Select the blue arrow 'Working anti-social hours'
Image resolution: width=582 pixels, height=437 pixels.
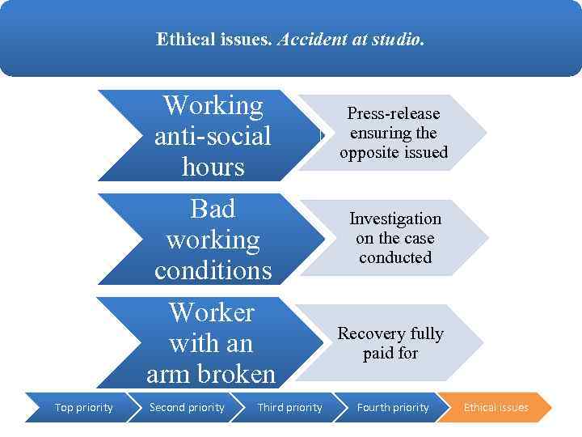(x=213, y=135)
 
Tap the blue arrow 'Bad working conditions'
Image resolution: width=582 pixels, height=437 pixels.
(x=213, y=240)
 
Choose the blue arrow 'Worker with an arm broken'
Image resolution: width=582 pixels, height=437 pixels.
(x=211, y=343)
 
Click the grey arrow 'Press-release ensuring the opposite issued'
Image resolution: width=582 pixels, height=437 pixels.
(x=394, y=133)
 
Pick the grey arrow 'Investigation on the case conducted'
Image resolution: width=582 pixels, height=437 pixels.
(x=395, y=238)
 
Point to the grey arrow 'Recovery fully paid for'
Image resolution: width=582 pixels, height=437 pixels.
(x=390, y=343)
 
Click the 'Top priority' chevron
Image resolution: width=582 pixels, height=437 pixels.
(x=83, y=407)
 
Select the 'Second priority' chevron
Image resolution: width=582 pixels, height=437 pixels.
(x=187, y=407)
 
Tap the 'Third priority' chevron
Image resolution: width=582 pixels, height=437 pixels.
(x=289, y=407)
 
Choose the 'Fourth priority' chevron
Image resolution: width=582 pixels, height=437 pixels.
(x=393, y=407)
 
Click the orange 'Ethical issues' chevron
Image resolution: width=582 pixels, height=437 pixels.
(x=496, y=407)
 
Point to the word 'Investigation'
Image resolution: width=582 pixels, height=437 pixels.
(x=395, y=219)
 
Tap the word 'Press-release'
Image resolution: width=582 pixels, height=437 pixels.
(x=394, y=113)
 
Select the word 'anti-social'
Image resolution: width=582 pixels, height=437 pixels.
(x=213, y=136)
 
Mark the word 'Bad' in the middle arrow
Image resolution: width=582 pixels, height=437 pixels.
(x=212, y=209)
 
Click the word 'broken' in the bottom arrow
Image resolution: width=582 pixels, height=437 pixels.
(x=240, y=375)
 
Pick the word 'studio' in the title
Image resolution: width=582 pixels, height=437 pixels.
(x=399, y=39)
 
